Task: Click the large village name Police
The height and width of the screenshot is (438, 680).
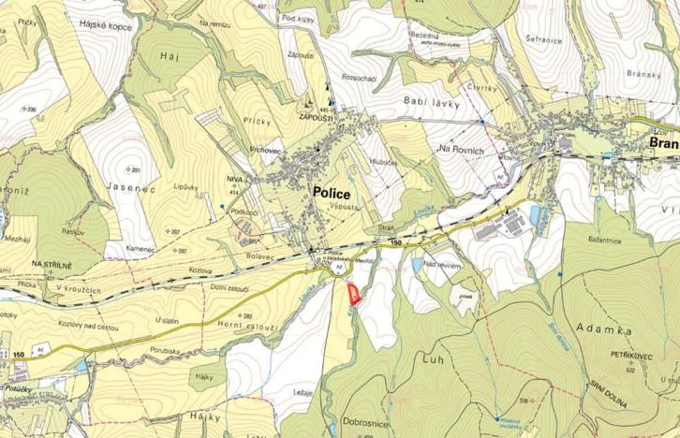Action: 332,192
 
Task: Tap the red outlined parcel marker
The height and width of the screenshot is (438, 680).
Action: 353,295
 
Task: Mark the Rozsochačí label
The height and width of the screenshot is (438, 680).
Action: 360,79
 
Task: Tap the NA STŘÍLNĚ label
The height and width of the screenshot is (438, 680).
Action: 52,265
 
